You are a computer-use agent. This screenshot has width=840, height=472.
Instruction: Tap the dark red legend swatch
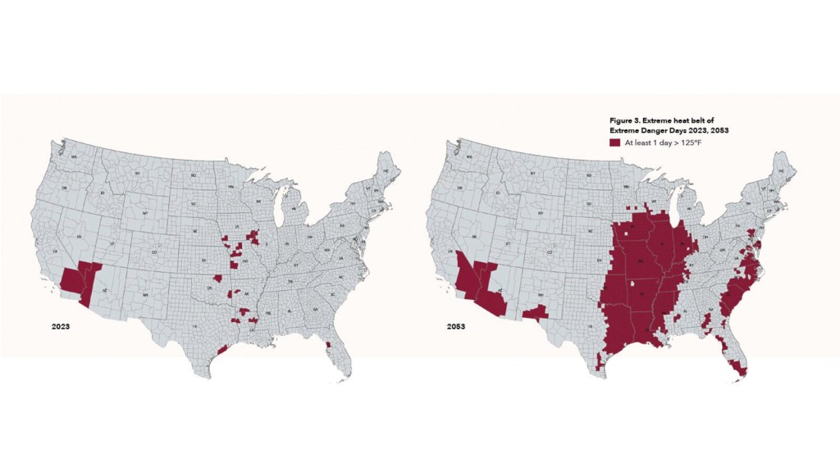click(614, 142)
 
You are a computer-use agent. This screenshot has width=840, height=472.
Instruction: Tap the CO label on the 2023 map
click(153, 252)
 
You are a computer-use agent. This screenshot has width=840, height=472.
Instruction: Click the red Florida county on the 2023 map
click(328, 344)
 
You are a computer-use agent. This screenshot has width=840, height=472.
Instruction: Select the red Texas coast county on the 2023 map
click(221, 350)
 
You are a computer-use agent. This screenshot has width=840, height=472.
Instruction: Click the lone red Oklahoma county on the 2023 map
click(217, 279)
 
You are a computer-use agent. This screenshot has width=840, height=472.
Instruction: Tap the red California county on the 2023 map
click(69, 277)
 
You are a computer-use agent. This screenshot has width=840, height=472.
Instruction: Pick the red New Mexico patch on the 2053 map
click(537, 312)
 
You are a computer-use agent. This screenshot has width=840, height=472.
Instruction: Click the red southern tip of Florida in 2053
click(741, 370)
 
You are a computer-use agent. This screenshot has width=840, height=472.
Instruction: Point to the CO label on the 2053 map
click(549, 252)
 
